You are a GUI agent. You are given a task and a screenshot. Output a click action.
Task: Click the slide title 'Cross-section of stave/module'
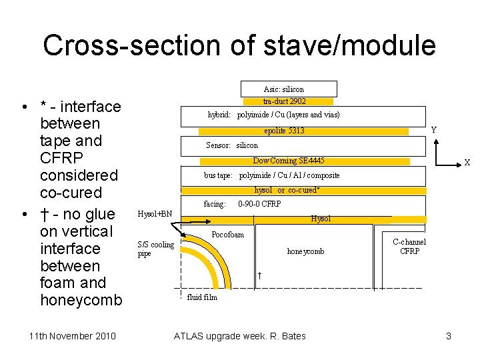[x=239, y=45]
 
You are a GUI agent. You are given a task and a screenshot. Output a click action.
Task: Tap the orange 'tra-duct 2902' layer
[x=284, y=101]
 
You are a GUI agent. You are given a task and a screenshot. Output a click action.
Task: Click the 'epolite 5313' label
[x=284, y=131]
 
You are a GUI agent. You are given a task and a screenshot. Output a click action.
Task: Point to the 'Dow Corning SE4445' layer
[x=289, y=161]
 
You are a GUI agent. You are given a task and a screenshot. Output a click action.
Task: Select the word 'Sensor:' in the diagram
[x=218, y=145]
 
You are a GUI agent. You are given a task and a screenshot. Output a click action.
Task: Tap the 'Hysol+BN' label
[x=154, y=214]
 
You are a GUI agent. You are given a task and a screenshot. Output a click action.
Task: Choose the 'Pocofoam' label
[x=227, y=234]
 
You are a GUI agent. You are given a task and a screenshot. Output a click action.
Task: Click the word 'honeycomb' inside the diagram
[x=305, y=251]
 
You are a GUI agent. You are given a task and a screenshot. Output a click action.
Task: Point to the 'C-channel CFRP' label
[x=409, y=247]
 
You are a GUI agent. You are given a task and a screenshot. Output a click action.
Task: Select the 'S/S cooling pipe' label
[x=155, y=249]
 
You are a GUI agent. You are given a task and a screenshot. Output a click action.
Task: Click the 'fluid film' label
[x=202, y=297]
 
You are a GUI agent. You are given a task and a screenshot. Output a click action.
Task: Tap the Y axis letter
[x=434, y=130]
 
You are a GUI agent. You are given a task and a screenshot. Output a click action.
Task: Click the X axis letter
[x=467, y=163]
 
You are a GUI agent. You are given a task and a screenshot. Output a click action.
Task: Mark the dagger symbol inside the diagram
[x=259, y=275]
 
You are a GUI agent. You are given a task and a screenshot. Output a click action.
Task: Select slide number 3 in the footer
[x=448, y=336]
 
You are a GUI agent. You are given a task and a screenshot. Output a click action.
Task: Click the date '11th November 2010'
[x=73, y=336]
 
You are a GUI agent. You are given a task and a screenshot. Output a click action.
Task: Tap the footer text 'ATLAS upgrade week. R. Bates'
[x=239, y=336]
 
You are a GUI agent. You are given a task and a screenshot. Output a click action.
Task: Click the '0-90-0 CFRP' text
[x=259, y=204]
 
